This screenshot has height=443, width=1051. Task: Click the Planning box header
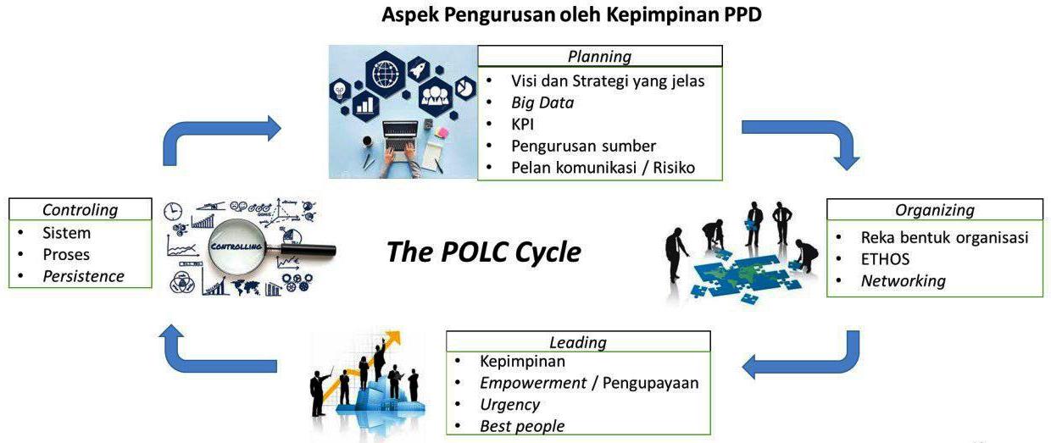coord(599,57)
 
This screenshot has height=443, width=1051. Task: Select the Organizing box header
coord(934,210)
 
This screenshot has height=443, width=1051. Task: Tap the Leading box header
coord(578,342)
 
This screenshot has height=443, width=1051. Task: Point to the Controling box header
coord(81,209)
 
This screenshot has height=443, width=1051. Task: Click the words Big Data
coord(542,102)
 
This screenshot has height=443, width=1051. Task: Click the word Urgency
coord(510,404)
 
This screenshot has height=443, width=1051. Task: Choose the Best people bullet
coord(521,426)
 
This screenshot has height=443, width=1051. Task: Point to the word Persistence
coord(83,276)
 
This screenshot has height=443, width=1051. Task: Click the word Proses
coord(66,254)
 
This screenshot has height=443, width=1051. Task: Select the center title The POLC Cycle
coord(484,252)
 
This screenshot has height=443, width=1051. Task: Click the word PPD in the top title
coord(742,15)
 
